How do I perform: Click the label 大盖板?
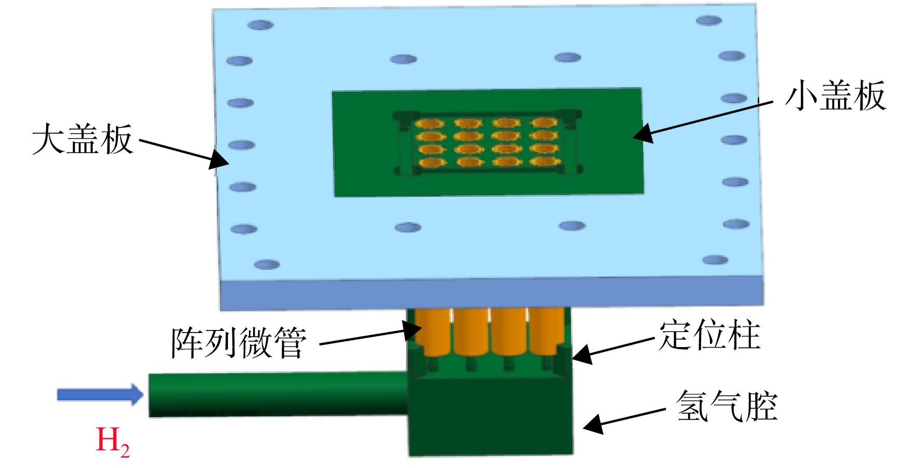[82, 139]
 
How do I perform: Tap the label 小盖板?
[835, 96]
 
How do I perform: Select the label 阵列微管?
[239, 342]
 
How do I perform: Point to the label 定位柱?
[709, 335]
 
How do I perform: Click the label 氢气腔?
[727, 405]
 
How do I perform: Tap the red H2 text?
[113, 442]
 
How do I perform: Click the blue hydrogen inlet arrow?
[100, 394]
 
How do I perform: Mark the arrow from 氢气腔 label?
[624, 420]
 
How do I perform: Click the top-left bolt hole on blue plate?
[260, 25]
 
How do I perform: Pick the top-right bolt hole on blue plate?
[709, 20]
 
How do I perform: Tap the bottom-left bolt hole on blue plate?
[267, 265]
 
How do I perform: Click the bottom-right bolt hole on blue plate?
[715, 260]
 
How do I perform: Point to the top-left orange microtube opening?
[430, 123]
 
